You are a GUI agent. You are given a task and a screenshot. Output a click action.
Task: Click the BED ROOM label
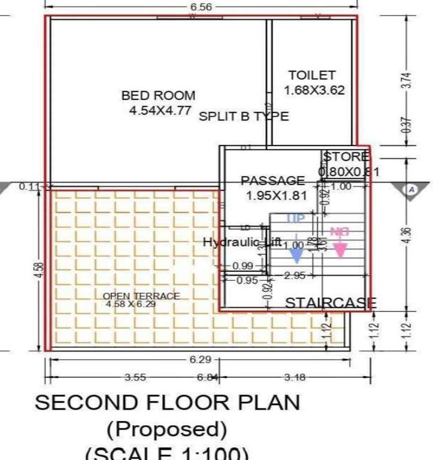point(158,95)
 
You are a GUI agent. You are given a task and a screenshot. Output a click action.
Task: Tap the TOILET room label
point(311,75)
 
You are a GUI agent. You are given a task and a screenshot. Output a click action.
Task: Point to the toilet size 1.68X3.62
point(314,90)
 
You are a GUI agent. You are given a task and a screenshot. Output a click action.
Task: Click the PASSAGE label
point(272,180)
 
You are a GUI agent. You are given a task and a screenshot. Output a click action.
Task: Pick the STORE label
point(346,157)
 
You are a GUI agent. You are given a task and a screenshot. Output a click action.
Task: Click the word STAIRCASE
point(330,303)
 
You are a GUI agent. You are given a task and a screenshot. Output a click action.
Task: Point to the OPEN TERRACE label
point(141,296)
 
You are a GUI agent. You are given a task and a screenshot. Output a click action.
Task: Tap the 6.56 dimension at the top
point(201,7)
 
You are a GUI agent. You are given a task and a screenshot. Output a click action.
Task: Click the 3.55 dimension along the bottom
point(137,377)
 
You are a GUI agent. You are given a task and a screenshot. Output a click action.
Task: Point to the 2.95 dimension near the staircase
point(295,276)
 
